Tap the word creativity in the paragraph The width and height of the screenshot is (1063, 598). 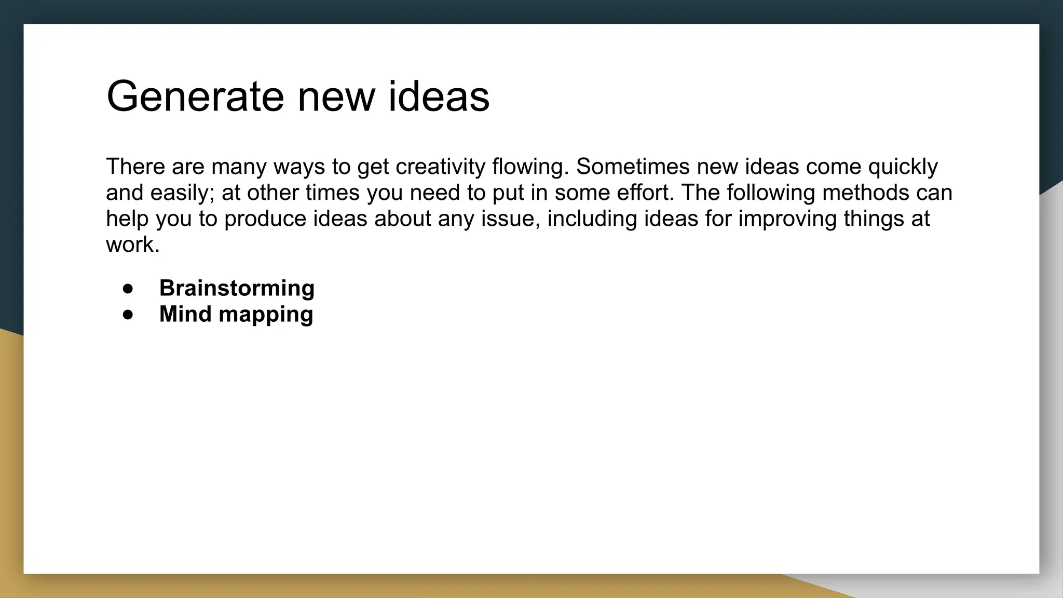pos(440,167)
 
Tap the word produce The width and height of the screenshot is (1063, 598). pos(265,219)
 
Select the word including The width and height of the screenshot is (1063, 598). pos(592,219)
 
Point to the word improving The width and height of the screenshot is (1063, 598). pos(787,219)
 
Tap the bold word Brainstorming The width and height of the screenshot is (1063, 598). pos(237,288)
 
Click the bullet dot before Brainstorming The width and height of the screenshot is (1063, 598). pos(128,289)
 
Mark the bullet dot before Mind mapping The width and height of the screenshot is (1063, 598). pos(128,315)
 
